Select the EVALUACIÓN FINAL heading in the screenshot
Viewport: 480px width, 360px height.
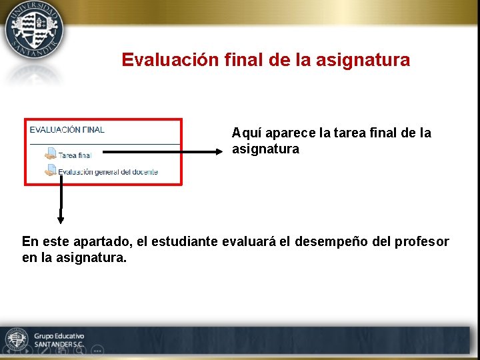(x=67, y=130)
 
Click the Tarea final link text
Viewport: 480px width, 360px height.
(x=75, y=155)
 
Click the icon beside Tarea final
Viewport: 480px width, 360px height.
(x=50, y=153)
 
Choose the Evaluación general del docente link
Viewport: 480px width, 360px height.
(x=107, y=171)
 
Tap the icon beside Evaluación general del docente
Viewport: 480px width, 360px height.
(x=50, y=170)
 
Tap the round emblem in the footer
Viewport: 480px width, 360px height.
(x=15, y=339)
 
